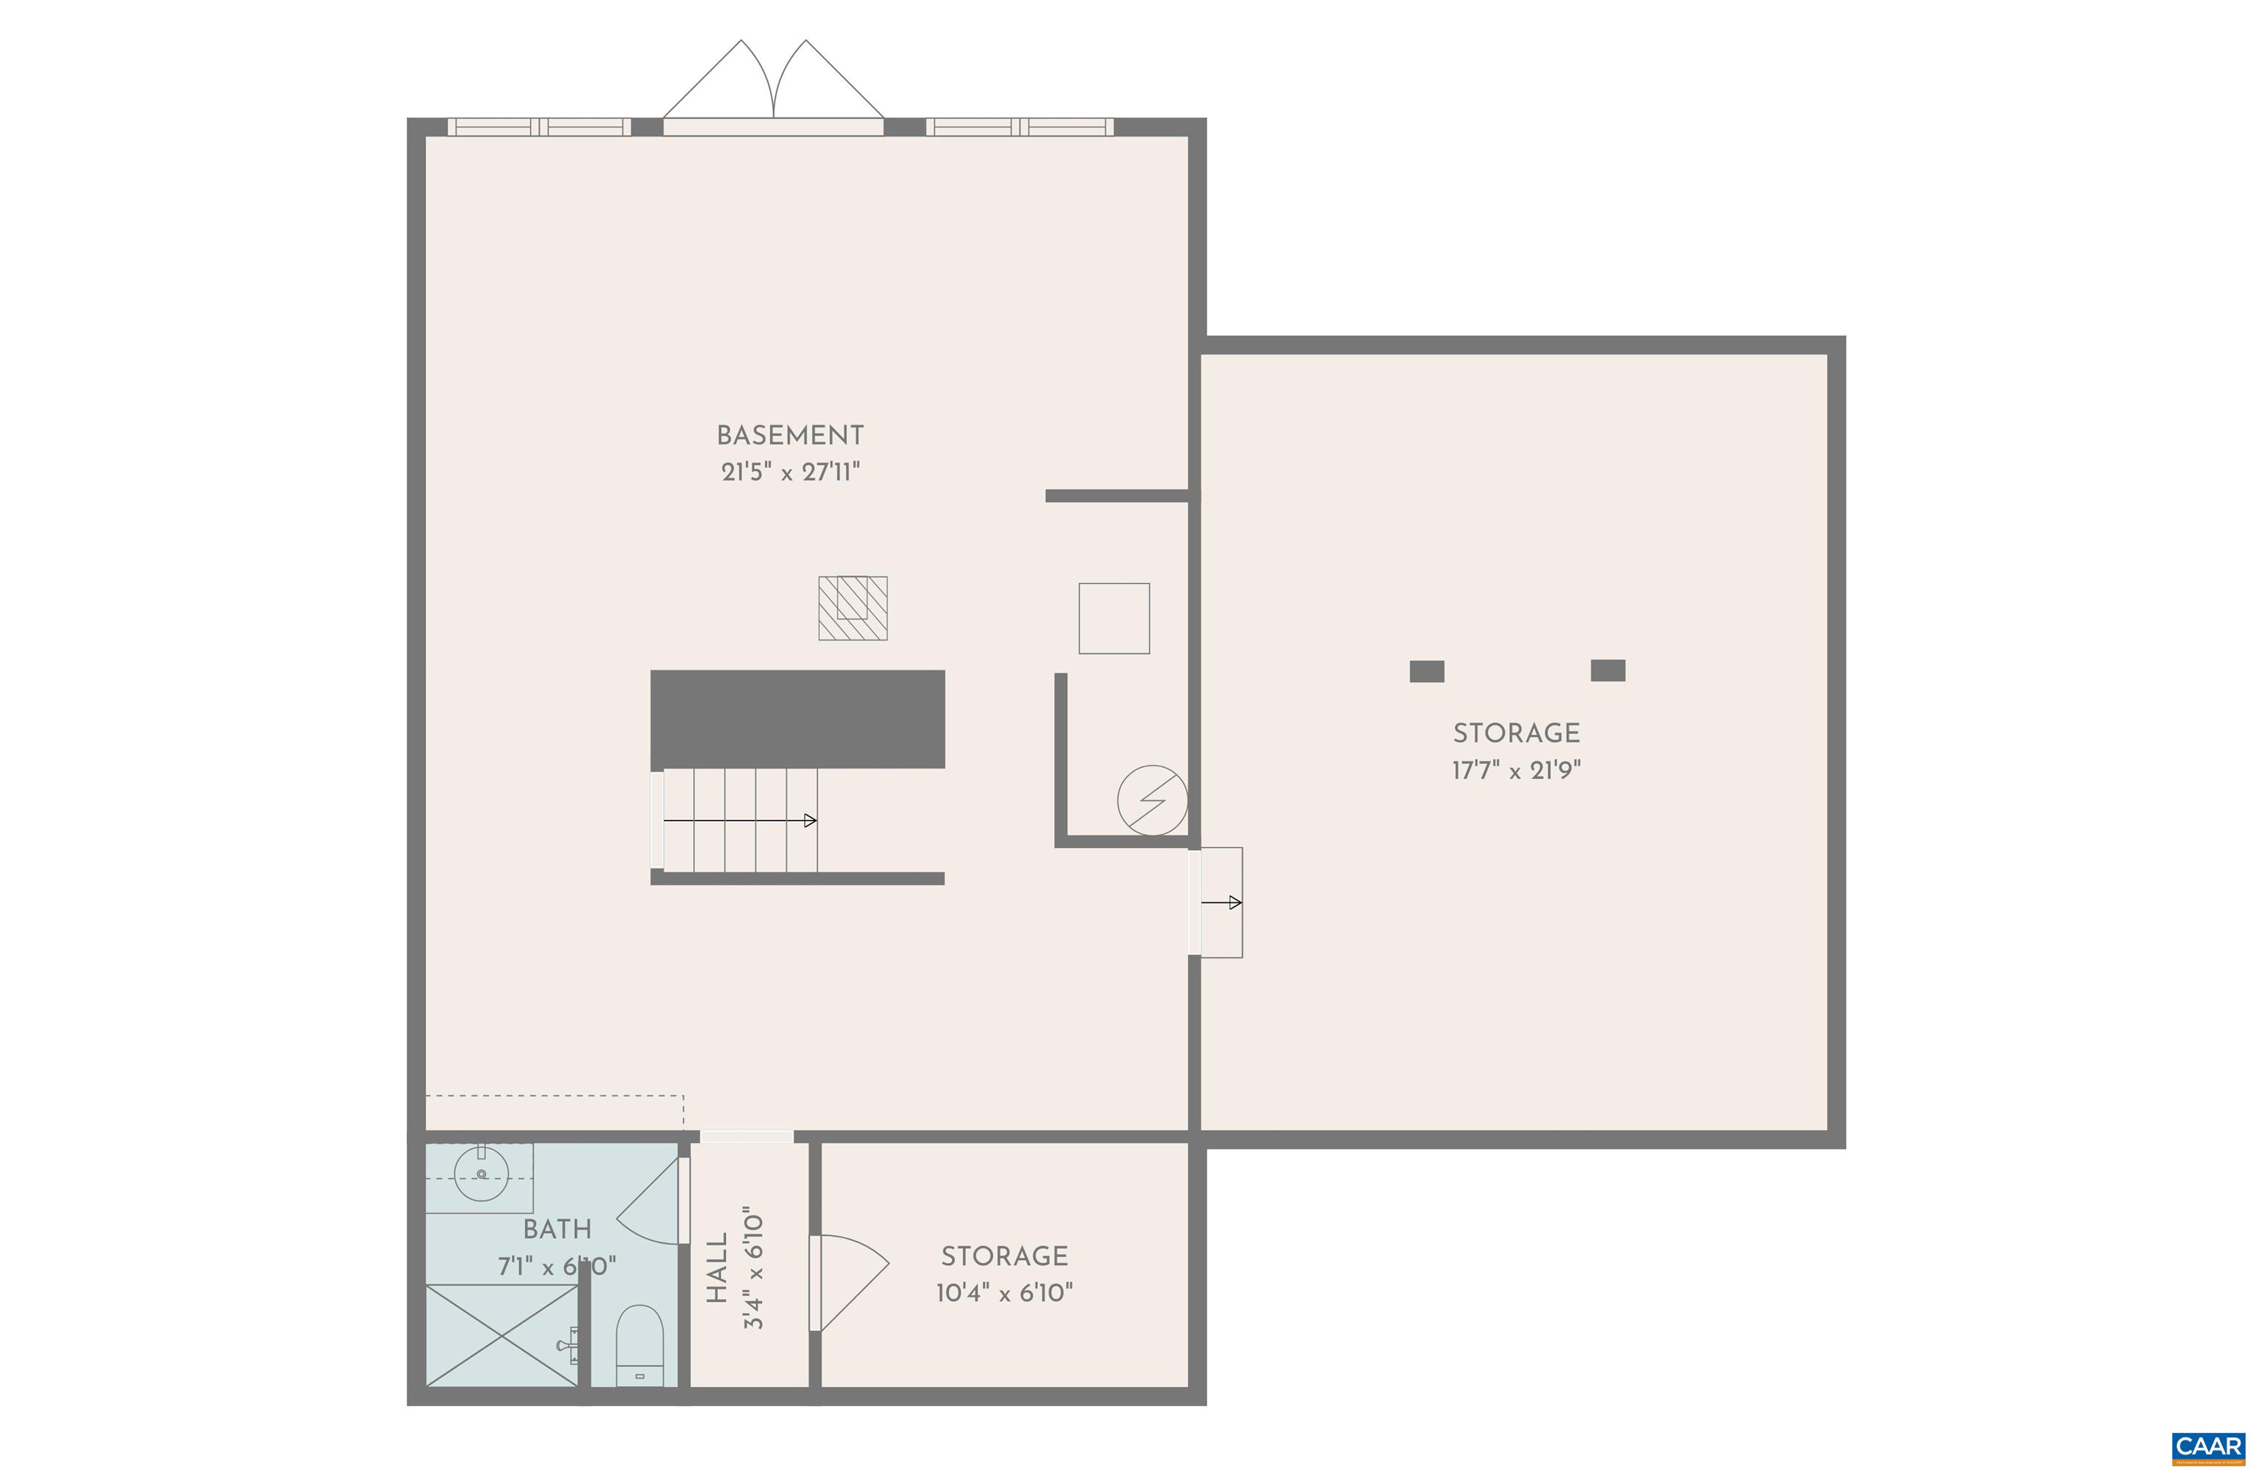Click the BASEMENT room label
(x=789, y=436)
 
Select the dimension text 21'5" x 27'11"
(x=789, y=472)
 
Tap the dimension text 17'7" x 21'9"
(x=1516, y=769)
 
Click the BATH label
(x=557, y=1229)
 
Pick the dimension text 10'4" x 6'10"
(x=1003, y=1293)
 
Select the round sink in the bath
(x=482, y=1173)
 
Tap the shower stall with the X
(x=501, y=1336)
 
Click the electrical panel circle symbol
(x=1151, y=800)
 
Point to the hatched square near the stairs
(x=852, y=608)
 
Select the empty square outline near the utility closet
(x=1113, y=618)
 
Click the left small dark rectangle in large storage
(x=1426, y=671)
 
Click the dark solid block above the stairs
(x=797, y=719)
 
